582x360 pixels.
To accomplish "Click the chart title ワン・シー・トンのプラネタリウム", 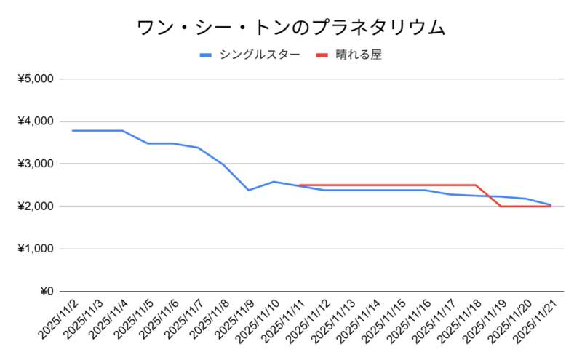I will tap(291, 27).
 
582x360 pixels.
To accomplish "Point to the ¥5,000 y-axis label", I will tap(36, 79).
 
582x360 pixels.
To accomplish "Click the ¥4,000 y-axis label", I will tap(36, 121).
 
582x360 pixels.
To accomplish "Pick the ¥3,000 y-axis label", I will tap(36, 164).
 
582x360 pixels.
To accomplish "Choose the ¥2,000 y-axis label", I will tap(36, 207).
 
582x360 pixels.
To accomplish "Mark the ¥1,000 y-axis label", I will tap(36, 249).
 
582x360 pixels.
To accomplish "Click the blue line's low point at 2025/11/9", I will tap(249, 190).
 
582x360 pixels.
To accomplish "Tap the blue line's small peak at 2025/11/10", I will tap(274, 182).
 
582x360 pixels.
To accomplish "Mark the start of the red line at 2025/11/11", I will tap(299, 185).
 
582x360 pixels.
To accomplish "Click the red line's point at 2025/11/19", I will tap(501, 207).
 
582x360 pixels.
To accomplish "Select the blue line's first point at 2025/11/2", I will tap(72, 131).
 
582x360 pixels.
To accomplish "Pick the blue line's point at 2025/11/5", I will tap(148, 143).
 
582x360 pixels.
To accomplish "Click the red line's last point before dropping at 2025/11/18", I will tap(475, 185).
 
